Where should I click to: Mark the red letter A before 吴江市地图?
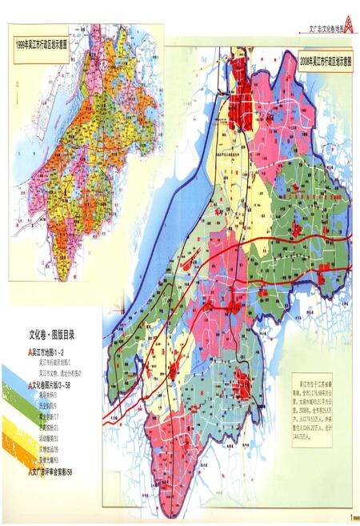pyautogui.click(x=27, y=352)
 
